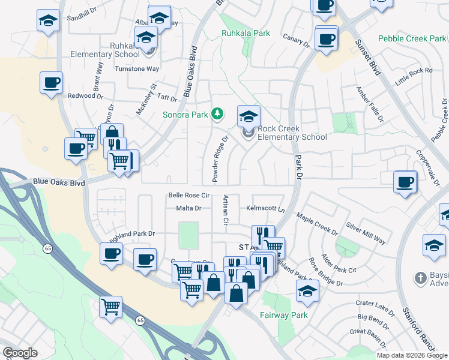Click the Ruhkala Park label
pyautogui.click(x=246, y=34)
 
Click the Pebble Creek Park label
pyautogui.click(x=412, y=38)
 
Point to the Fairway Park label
pyautogui.click(x=283, y=315)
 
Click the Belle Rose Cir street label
pyautogui.click(x=188, y=196)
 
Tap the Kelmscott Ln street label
pyautogui.click(x=265, y=208)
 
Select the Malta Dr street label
pyautogui.click(x=187, y=208)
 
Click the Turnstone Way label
pyautogui.click(x=137, y=69)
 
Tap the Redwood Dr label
pyautogui.click(x=85, y=96)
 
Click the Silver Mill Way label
pyautogui.click(x=366, y=232)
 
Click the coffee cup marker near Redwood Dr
pyautogui.click(x=52, y=83)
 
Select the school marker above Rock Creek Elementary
pyautogui.click(x=249, y=116)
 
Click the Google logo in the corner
pyautogui.click(x=20, y=353)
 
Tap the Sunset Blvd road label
pyautogui.click(x=368, y=58)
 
